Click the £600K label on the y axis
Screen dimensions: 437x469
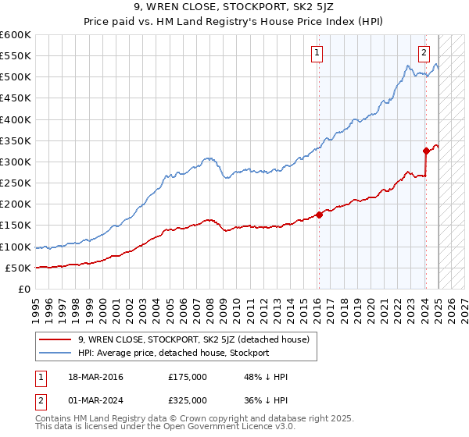(x=16, y=35)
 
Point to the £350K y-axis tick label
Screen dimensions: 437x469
(x=16, y=141)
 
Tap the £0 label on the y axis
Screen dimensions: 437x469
(x=25, y=289)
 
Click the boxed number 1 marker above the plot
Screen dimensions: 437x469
(x=317, y=53)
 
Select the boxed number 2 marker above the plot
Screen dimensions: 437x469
(x=424, y=53)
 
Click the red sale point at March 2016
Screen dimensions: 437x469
(x=320, y=215)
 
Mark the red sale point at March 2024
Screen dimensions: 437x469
(x=426, y=151)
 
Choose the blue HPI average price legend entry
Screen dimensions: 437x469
(x=173, y=353)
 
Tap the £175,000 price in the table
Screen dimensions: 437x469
(x=188, y=377)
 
